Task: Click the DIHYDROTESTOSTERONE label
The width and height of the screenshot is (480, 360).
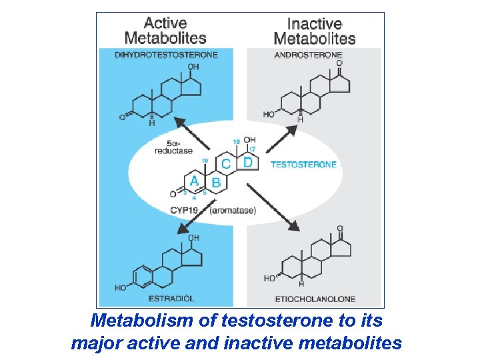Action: coord(166,55)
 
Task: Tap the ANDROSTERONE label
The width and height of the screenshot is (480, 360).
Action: coord(309,55)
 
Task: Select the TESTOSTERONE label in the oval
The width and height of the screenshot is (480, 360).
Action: coord(303,165)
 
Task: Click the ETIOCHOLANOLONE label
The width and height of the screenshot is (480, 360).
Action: coord(315,299)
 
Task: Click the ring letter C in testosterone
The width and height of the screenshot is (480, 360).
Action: coord(226,163)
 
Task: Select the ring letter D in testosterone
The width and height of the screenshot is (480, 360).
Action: coord(247,162)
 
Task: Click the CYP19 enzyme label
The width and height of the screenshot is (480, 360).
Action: coord(185,211)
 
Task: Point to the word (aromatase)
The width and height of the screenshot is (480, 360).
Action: coord(233,211)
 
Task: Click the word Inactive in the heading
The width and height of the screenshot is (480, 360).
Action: coord(314,24)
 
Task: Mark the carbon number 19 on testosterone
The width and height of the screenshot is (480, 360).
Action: coord(205,160)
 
